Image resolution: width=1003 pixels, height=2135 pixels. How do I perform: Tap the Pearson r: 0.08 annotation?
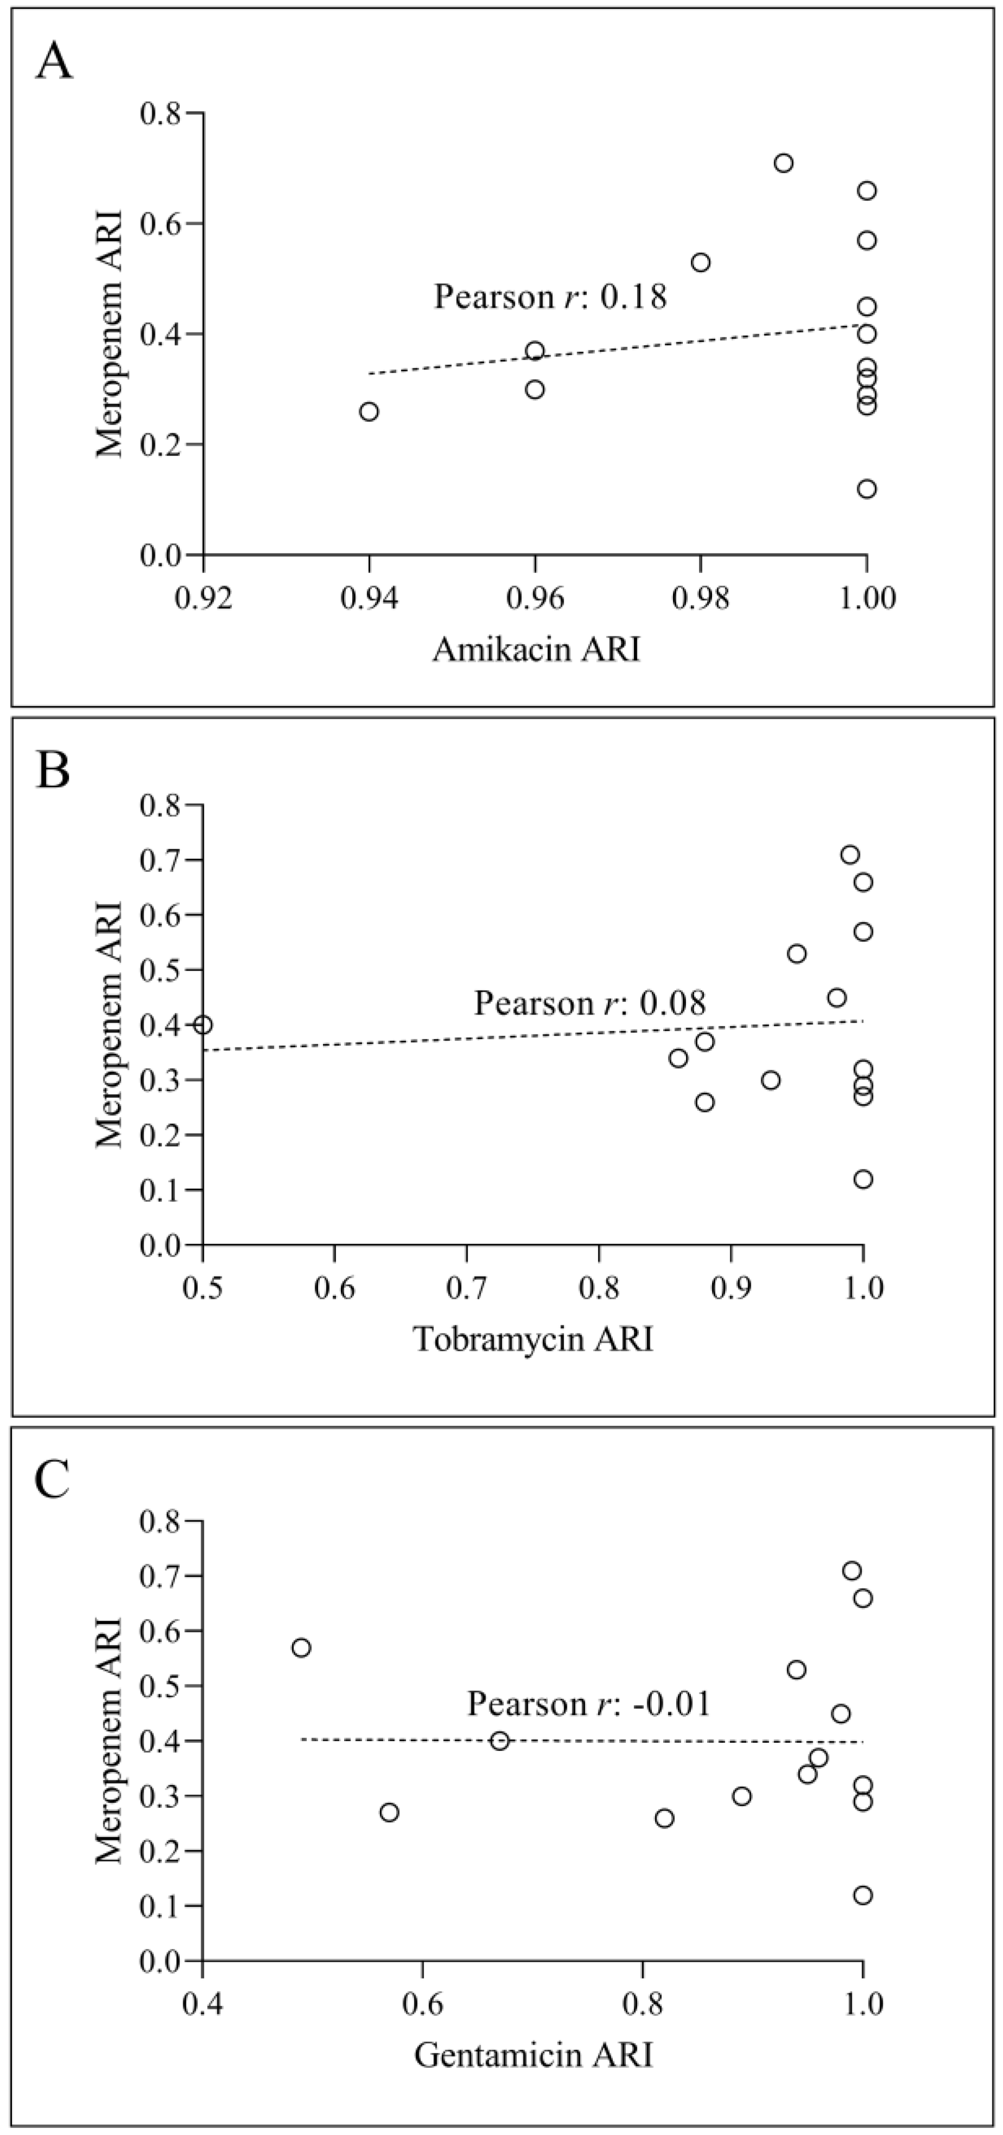(x=590, y=1004)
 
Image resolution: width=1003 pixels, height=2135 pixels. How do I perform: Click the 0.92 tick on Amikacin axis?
(x=204, y=597)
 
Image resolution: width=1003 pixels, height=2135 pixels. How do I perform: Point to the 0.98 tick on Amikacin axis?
(x=701, y=597)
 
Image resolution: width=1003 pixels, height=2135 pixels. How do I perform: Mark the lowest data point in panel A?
(x=866, y=489)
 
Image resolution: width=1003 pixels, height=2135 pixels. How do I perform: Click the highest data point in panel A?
(x=784, y=163)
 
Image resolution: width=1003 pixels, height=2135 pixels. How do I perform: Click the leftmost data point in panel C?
(x=301, y=1648)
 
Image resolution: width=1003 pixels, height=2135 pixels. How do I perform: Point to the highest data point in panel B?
(x=850, y=855)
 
